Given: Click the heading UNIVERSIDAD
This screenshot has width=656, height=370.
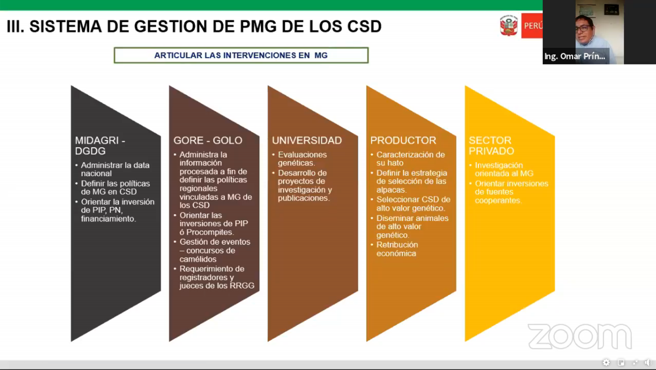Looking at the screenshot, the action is click(x=307, y=141).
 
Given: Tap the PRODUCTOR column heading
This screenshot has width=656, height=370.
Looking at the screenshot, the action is click(x=403, y=141).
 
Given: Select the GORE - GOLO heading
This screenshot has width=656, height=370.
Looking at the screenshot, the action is click(x=208, y=141).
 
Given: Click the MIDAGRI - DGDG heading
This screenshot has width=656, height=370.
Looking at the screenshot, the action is click(x=100, y=146).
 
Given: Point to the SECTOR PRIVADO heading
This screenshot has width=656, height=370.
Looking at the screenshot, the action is click(x=492, y=146).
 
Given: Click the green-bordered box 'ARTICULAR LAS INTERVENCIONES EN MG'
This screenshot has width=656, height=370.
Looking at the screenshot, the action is click(x=241, y=55).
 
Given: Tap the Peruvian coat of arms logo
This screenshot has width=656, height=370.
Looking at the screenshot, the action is click(x=509, y=26).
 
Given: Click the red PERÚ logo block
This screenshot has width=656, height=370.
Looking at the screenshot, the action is click(x=532, y=26).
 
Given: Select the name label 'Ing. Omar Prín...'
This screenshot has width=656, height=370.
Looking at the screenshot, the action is click(x=575, y=56).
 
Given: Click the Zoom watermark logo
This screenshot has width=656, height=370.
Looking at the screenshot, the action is click(x=580, y=336).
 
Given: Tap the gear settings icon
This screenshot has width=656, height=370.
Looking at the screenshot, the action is click(x=606, y=363).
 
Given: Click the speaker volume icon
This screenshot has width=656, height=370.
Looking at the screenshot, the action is click(x=648, y=363).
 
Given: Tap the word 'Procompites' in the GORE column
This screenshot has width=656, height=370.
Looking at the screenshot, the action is click(x=209, y=232).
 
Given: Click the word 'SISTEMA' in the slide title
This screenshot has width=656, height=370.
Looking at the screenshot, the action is click(x=66, y=26).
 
